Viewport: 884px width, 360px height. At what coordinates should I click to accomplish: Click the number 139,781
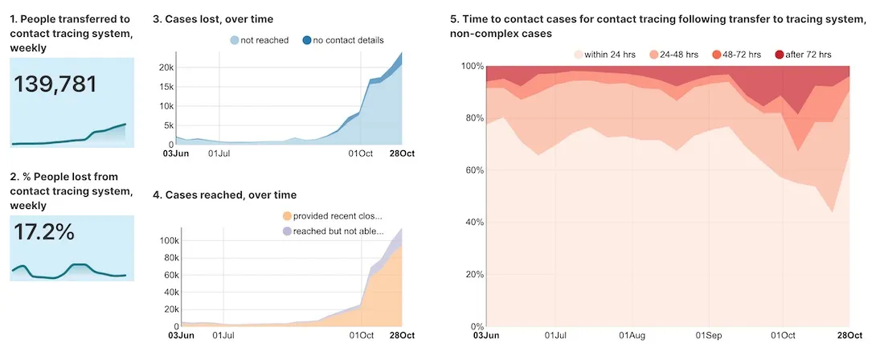[x=55, y=84]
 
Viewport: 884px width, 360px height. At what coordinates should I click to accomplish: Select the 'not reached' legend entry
[x=259, y=40]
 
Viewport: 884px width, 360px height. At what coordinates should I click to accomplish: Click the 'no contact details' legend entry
[x=343, y=40]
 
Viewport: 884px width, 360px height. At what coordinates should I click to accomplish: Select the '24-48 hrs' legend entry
[x=673, y=55]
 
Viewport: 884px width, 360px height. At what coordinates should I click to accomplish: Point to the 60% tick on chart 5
[x=473, y=170]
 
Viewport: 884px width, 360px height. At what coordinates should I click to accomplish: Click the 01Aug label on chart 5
[x=632, y=335]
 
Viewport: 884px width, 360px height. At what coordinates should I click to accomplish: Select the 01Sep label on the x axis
[x=708, y=335]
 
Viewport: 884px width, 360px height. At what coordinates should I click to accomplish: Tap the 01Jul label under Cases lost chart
[x=219, y=153]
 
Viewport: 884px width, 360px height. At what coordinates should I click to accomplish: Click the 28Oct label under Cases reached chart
[x=402, y=335]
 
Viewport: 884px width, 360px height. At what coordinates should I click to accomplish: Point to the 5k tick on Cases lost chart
[x=167, y=125]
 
